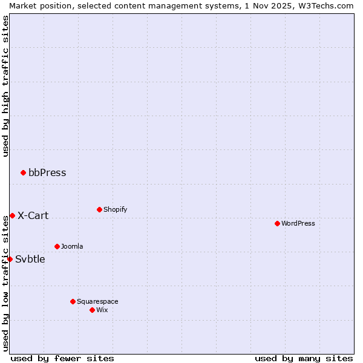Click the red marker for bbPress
(x=23, y=173)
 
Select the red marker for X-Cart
(x=12, y=216)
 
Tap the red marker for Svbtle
(x=10, y=260)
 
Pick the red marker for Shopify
(x=99, y=210)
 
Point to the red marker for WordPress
(x=277, y=224)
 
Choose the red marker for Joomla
(x=57, y=247)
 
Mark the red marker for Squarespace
(x=73, y=302)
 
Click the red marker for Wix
(x=92, y=310)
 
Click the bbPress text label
(x=47, y=173)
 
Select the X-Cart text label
(x=33, y=216)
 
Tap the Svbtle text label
(x=30, y=260)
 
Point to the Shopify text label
(x=115, y=210)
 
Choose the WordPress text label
(x=298, y=224)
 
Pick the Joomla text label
(x=72, y=247)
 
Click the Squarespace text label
(x=97, y=302)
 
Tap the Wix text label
(x=102, y=310)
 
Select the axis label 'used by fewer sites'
(x=62, y=359)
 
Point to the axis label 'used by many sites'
(x=304, y=359)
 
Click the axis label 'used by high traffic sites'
(x=5, y=86)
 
